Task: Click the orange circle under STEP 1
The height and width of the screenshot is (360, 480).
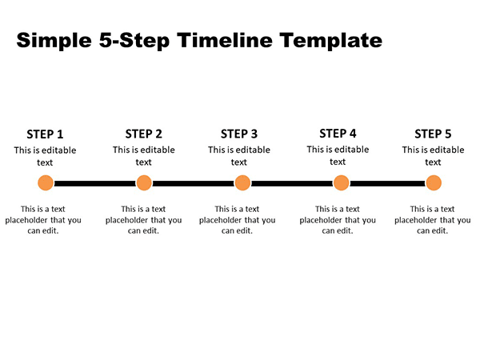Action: point(46,182)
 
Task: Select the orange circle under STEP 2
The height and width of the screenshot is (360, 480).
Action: point(144,182)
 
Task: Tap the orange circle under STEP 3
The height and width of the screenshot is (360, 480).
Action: point(242,182)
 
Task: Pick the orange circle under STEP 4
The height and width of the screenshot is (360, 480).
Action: point(341,182)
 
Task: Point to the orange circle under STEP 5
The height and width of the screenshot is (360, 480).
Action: point(434,182)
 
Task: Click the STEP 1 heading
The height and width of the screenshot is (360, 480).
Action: point(45,134)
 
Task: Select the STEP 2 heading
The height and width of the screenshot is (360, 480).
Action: point(143,134)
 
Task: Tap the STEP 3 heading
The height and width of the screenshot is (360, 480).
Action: point(239,134)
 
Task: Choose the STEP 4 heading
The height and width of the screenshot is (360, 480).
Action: point(338,134)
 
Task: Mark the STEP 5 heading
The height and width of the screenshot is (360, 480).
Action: point(433,134)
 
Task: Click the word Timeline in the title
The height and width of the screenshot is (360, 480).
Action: point(224,40)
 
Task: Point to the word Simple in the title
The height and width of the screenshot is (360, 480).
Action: point(54,41)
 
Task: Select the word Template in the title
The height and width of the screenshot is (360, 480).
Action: point(331,41)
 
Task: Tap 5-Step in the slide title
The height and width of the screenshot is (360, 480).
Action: point(134,41)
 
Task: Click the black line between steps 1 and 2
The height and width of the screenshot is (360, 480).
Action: point(95,183)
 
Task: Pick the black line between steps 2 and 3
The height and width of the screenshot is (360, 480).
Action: point(193,183)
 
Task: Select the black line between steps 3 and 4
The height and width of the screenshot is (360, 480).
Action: point(292,183)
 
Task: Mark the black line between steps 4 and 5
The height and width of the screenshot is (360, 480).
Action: point(387,183)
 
